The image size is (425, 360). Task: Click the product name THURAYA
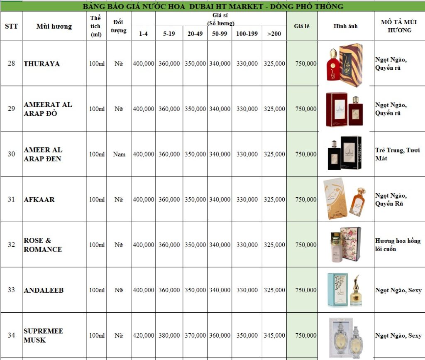pyautogui.click(x=42, y=64)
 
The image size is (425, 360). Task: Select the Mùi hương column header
pyautogui.click(x=54, y=27)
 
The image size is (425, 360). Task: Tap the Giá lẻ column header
pyautogui.click(x=302, y=26)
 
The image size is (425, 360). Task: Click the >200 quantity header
pyautogui.click(x=274, y=34)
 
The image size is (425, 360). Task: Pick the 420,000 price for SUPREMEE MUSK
pyautogui.click(x=144, y=336)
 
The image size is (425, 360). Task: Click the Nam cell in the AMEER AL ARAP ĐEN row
pyautogui.click(x=119, y=154)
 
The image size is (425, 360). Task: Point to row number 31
pyautogui.click(x=11, y=199)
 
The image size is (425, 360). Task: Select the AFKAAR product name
pyautogui.click(x=39, y=199)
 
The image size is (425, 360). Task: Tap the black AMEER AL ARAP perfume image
pyautogui.click(x=344, y=153)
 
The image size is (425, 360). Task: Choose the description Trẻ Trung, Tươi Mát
pyautogui.click(x=397, y=154)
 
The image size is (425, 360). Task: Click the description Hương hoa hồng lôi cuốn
pyautogui.click(x=398, y=245)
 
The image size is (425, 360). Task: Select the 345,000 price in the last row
pyautogui.click(x=274, y=336)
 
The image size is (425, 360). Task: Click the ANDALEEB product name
pyautogui.click(x=44, y=290)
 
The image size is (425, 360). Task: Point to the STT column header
pyautogui.click(x=11, y=26)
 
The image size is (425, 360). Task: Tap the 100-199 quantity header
pyautogui.click(x=247, y=34)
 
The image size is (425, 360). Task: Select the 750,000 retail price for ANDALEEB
pyautogui.click(x=306, y=290)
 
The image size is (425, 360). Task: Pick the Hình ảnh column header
pyautogui.click(x=345, y=26)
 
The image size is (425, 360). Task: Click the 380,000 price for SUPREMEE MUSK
pyautogui.click(x=169, y=336)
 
